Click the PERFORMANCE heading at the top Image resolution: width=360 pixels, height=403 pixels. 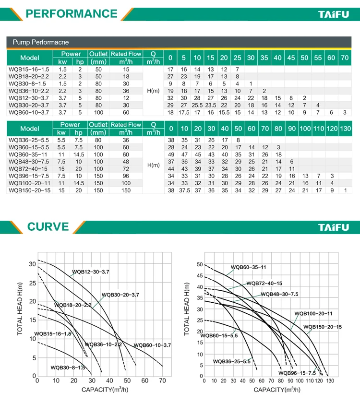point(72,13)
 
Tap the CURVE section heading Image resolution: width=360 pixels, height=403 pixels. point(48,226)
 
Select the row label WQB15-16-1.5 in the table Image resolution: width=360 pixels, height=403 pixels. point(29,70)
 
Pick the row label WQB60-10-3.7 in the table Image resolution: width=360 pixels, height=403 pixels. point(29,112)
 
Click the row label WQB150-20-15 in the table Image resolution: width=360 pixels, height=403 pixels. point(29,190)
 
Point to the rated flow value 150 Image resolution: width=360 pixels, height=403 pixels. point(126,190)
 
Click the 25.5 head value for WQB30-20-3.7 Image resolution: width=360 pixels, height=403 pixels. point(197,105)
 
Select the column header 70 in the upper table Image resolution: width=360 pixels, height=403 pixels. point(345,58)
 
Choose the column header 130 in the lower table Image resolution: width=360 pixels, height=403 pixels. point(345,129)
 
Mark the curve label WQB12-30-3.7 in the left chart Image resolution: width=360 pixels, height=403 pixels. point(91,272)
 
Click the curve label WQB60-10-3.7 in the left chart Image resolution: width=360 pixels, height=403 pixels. point(152,345)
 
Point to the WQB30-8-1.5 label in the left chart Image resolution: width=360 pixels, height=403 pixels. point(68,367)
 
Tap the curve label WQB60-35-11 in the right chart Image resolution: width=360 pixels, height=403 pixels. point(248,267)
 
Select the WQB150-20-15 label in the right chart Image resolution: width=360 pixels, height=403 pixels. point(323,327)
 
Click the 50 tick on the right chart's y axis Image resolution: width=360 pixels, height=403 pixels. point(200,264)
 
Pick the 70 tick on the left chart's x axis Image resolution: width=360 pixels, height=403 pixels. point(162,381)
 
